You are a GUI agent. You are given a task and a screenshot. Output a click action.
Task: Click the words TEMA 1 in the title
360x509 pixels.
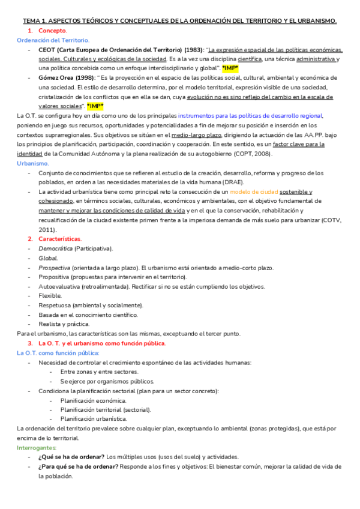click(32, 20)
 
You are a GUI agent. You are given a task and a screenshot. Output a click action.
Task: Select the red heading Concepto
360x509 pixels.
click(53, 30)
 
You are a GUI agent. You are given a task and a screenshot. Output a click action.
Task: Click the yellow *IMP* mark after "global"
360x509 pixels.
click(230, 68)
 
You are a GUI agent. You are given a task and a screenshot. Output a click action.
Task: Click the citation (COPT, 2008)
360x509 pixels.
click(248, 154)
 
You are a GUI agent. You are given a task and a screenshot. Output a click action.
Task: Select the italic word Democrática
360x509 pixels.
click(56, 248)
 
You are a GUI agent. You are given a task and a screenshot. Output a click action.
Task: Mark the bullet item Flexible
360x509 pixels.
click(50, 296)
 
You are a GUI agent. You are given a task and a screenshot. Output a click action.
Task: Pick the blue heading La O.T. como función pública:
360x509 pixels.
click(58, 353)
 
